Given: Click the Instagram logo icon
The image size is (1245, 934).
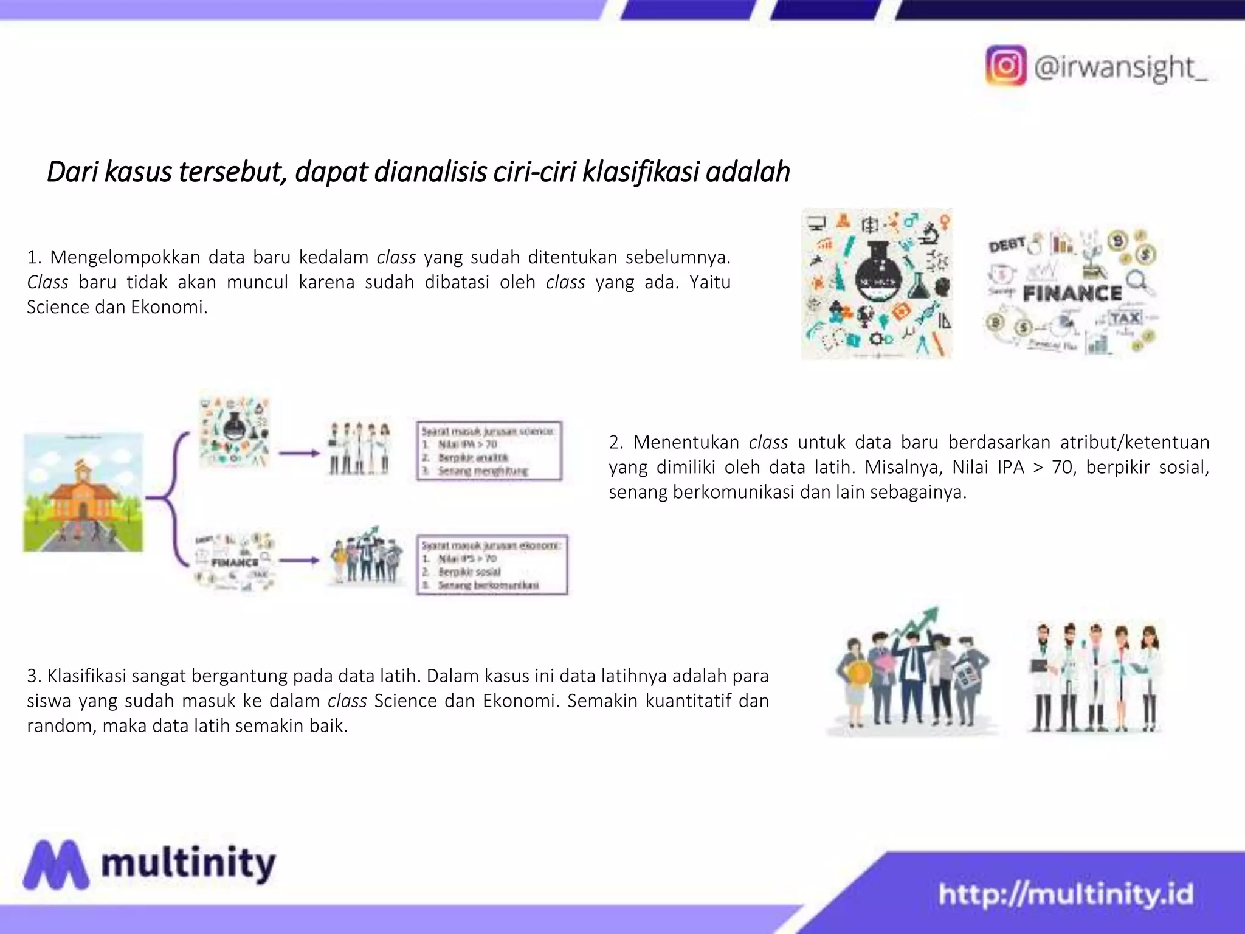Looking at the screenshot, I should tap(1005, 65).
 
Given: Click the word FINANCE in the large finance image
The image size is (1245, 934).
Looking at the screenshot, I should tap(1072, 294).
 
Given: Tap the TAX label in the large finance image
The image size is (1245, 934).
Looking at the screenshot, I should tap(1125, 317).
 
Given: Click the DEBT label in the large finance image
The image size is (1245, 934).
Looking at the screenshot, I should tap(1007, 244).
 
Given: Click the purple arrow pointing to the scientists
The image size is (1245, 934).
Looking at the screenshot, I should tap(298, 453).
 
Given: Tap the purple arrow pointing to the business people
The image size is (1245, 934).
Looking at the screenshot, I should tap(298, 561).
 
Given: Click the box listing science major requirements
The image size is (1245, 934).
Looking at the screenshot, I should tap(489, 451).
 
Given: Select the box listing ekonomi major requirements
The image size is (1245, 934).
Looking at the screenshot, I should tap(492, 565).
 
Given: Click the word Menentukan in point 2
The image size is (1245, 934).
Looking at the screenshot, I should tap(686, 442).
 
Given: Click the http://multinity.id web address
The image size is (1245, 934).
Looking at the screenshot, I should tap(1066, 894).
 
